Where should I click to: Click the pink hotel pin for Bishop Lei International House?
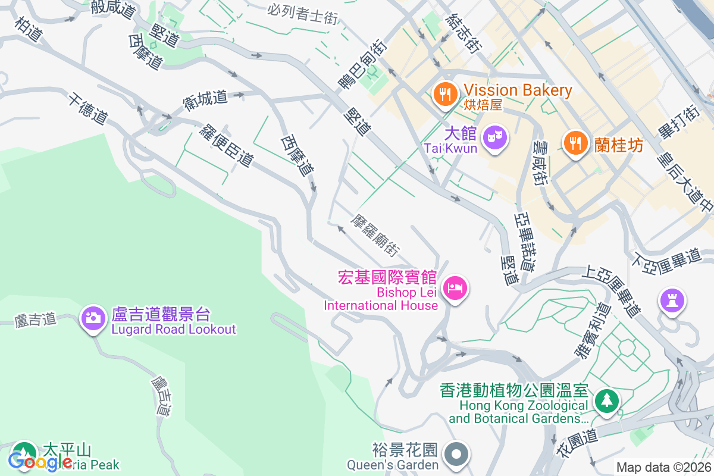[x=456, y=289]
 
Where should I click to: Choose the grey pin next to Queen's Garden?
[x=456, y=455]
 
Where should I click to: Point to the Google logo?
[x=40, y=461]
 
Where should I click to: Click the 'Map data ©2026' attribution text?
[x=663, y=468]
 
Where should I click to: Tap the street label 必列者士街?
[x=302, y=13]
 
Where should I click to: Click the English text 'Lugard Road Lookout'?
[x=174, y=329]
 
